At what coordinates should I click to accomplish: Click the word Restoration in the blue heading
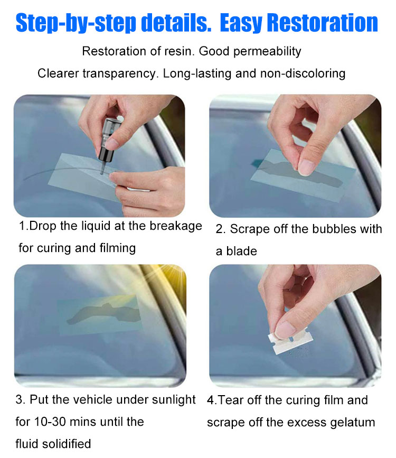[323, 23]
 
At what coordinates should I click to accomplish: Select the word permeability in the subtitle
[267, 51]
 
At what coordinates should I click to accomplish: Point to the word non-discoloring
[303, 73]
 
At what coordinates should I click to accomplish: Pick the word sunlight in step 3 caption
[174, 400]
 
